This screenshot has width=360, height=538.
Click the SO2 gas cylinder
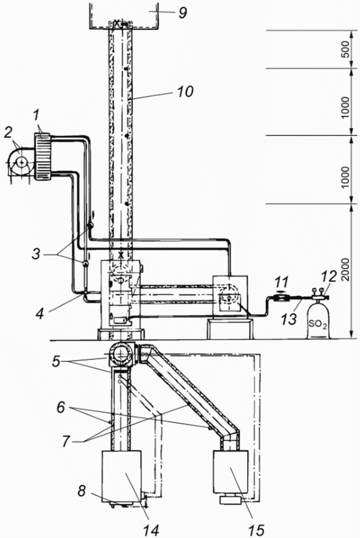pyautogui.click(x=318, y=319)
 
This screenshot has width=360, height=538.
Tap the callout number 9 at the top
pyautogui.click(x=182, y=13)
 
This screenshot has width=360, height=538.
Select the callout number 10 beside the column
pyautogui.click(x=185, y=91)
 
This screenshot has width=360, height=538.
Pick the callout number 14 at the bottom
pyautogui.click(x=151, y=530)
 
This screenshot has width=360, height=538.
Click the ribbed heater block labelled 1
pyautogui.click(x=42, y=156)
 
